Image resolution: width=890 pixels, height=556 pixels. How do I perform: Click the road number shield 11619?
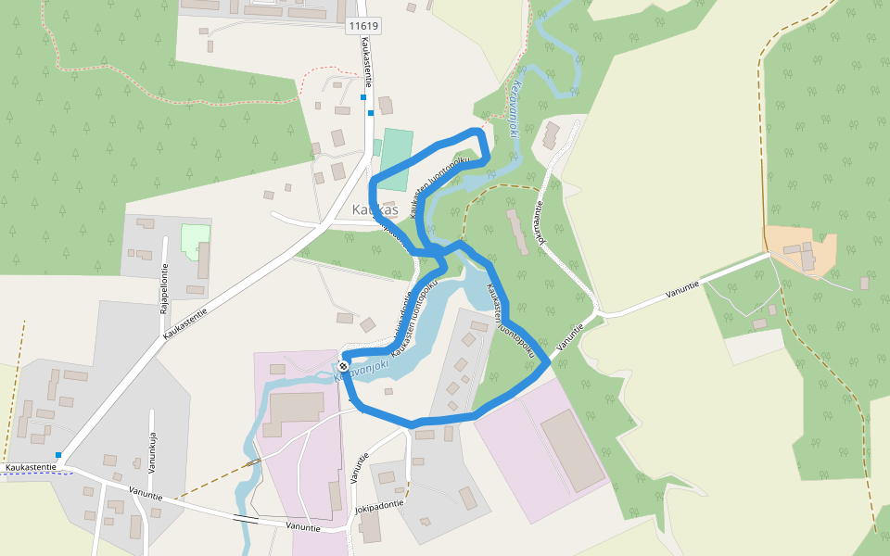coord(362,26)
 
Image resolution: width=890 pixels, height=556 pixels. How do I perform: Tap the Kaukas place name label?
coord(375,210)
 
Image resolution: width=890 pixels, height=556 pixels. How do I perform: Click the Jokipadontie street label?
coord(378,509)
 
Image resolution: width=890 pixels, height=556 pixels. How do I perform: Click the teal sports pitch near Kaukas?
coord(396,148)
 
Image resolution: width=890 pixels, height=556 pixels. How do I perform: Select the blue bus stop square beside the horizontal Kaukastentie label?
coord(58,455)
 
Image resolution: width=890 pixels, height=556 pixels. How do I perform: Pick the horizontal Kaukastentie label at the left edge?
coord(30,468)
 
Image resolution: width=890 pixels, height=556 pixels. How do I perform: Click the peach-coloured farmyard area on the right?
coord(799,248)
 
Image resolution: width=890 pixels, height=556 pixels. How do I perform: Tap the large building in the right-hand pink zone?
coord(572,450)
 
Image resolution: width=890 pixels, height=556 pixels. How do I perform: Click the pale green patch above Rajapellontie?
coord(195,238)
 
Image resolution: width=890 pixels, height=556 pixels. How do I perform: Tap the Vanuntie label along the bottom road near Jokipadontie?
coord(303,527)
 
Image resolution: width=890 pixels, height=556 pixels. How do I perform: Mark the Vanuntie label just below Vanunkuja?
coord(146,494)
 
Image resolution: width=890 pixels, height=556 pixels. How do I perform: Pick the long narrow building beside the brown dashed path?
coord(516,231)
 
